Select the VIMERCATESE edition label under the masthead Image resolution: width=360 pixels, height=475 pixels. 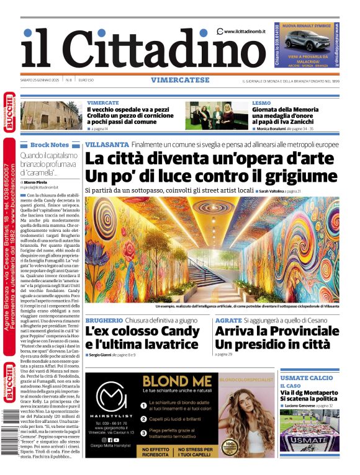point(180,80)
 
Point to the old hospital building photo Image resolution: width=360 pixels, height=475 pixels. point(52,115)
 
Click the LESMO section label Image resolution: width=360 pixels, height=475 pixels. point(261,103)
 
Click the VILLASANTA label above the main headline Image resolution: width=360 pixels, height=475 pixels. point(107,144)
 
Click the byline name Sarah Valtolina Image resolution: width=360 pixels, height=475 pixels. point(276,191)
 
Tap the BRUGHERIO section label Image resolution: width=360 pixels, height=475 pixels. point(104,320)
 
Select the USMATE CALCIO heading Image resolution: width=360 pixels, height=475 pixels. point(306,378)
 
